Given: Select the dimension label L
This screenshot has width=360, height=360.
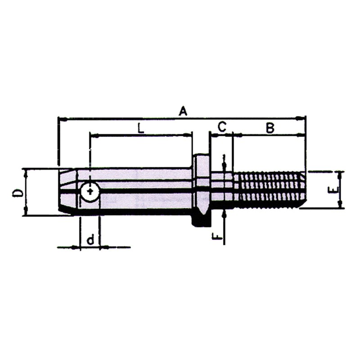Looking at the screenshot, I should (140, 128).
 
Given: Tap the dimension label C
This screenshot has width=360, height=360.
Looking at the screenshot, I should (221, 128).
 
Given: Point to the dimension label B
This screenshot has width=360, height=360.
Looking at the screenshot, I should (269, 128).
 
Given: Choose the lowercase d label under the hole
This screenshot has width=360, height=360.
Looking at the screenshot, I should (90, 240).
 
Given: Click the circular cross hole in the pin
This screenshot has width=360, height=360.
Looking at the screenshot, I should (90, 192).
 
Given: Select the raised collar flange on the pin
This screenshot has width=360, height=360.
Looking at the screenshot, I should (201, 189).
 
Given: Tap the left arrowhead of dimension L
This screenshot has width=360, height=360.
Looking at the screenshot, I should (93, 134).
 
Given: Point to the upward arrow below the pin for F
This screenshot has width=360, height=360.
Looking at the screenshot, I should (224, 215).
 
